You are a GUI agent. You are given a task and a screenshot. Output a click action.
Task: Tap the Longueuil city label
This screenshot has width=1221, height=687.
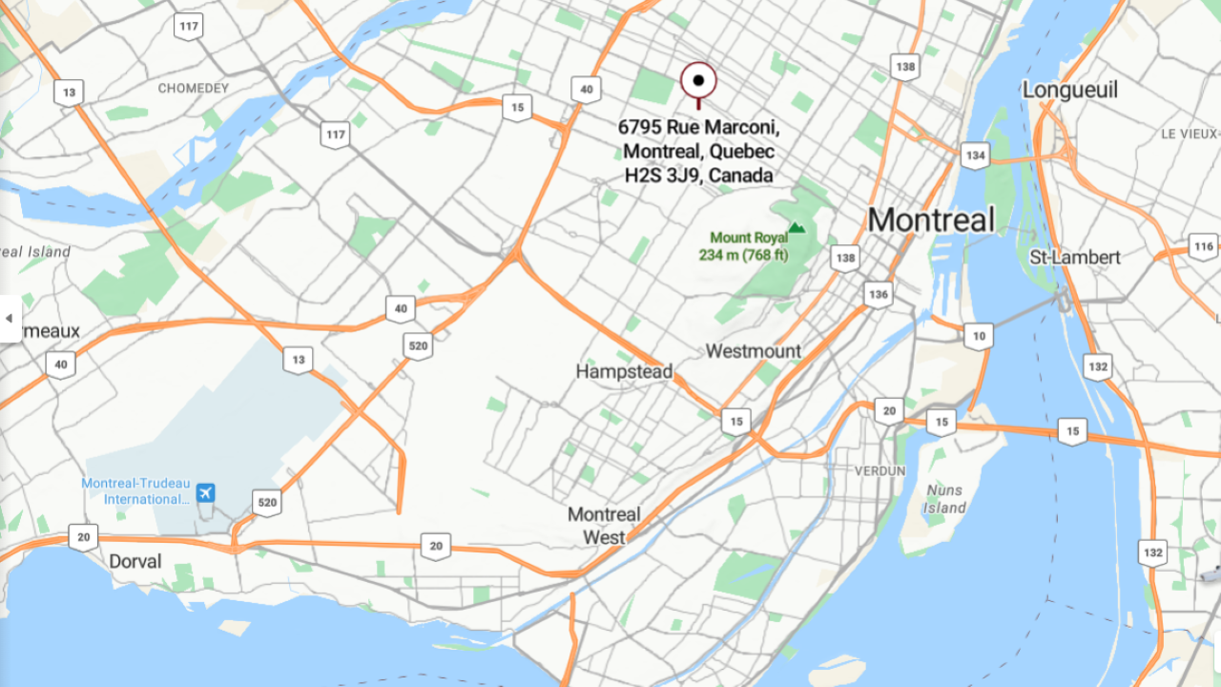pos(1069,90)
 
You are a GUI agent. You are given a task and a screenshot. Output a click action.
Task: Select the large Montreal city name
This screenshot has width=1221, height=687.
pos(931,220)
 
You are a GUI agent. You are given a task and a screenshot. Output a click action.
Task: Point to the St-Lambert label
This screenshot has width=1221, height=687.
pos(1075,258)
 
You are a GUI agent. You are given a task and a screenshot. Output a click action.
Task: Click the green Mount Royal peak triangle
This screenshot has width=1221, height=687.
pos(797,229)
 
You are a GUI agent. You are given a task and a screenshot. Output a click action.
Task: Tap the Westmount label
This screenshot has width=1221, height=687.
pos(754,351)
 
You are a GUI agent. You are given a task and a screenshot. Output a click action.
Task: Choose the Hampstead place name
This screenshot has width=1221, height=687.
pos(624,371)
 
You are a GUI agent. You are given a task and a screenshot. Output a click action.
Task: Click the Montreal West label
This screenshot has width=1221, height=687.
pos(604,526)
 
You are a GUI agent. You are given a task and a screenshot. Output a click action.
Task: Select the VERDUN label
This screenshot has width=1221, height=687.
pos(879,471)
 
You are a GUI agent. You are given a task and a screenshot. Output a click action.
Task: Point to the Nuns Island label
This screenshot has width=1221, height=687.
pos(945,499)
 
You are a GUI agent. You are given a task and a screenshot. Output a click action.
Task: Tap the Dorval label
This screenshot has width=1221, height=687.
pos(135,561)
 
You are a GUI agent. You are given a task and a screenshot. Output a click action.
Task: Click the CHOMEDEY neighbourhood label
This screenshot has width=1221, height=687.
pos(194,89)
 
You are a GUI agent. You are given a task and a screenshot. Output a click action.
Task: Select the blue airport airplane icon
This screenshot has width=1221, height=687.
pos(205,492)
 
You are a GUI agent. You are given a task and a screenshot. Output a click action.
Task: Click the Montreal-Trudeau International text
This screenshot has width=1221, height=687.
pos(135,491)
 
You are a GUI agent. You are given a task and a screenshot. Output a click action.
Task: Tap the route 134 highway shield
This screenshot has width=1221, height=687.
pos(975,155)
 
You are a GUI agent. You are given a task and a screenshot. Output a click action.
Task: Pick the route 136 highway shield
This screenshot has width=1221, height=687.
pos(878,294)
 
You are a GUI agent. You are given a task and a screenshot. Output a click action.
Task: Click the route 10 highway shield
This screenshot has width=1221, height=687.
pos(978,336)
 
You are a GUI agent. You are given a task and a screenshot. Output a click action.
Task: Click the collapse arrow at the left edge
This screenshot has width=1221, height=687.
pos(9,318)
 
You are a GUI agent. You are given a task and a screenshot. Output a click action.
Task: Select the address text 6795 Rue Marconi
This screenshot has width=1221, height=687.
pos(698,127)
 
